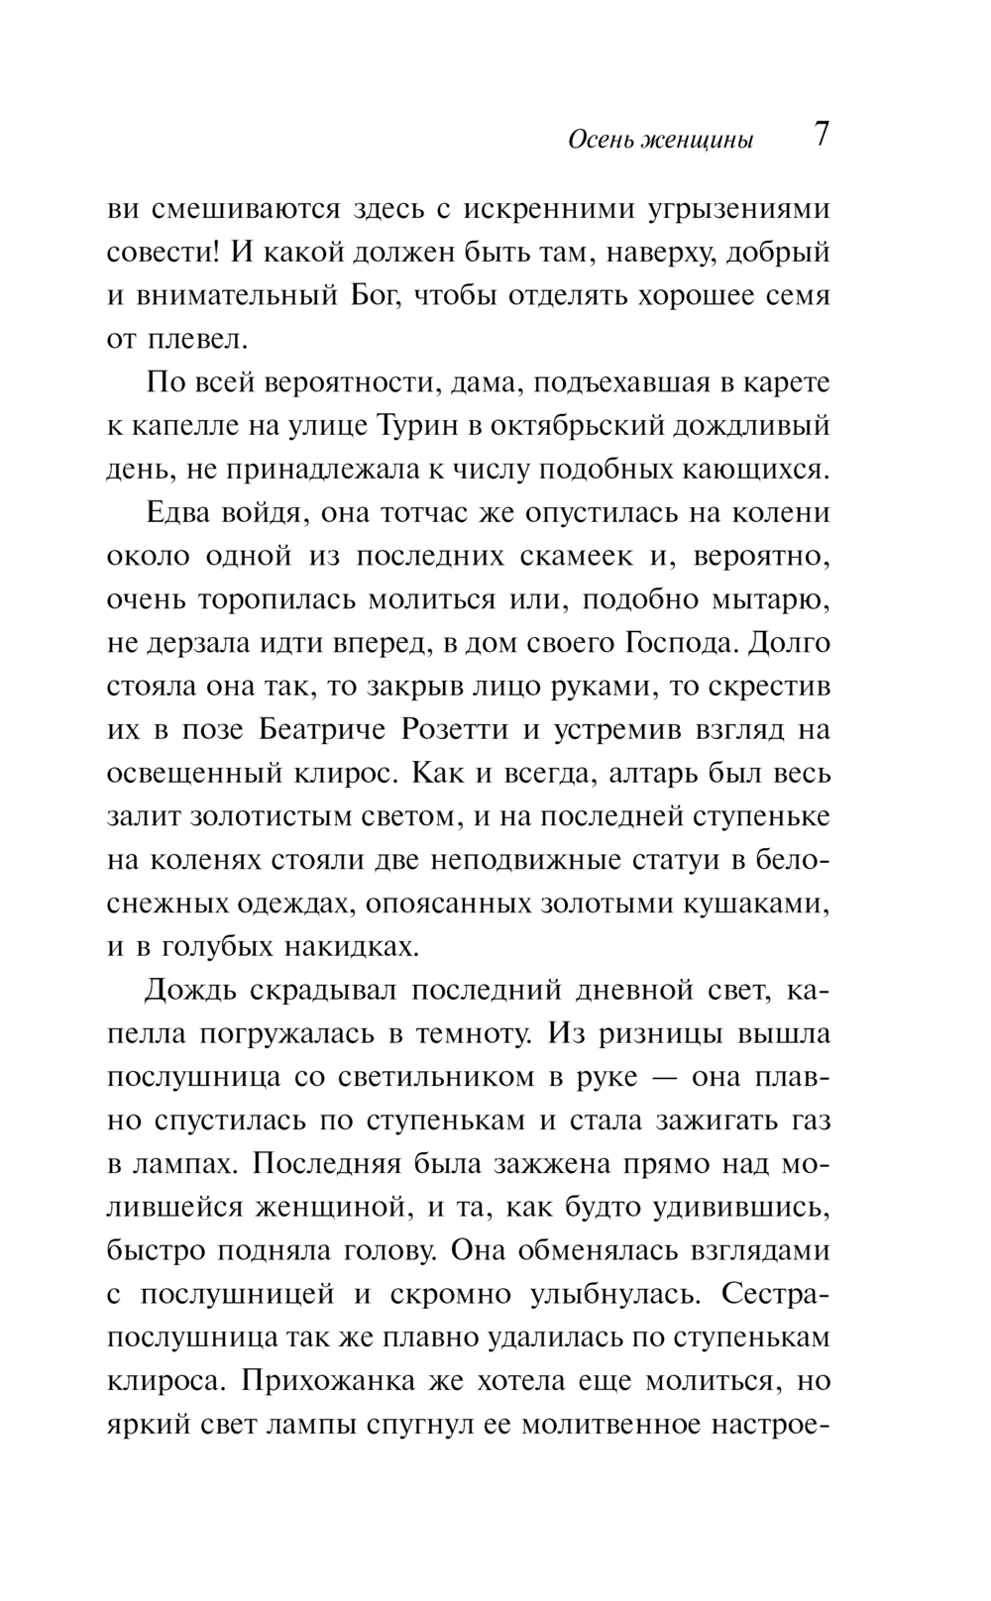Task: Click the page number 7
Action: pos(821,135)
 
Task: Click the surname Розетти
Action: pos(454,729)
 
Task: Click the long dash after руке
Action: pos(663,1077)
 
